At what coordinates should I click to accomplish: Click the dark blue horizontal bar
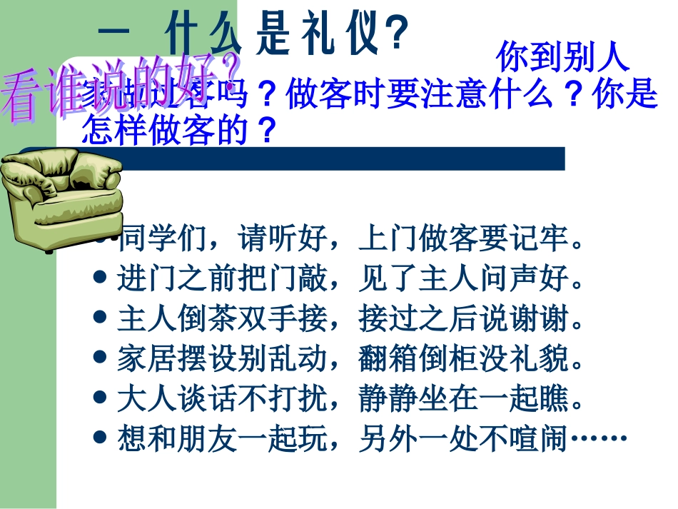coord(343,158)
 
